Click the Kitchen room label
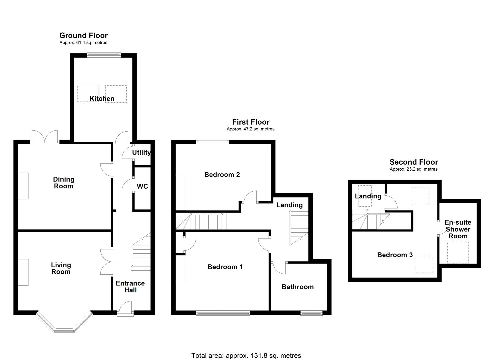(x=102, y=99)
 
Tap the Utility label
(x=141, y=153)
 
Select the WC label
(x=142, y=186)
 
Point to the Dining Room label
(x=63, y=183)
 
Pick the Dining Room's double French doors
(x=45, y=137)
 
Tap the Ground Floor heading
(x=83, y=35)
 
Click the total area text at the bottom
(x=246, y=355)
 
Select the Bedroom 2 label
(x=222, y=175)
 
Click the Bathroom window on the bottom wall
(x=311, y=313)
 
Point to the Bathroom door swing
(x=279, y=266)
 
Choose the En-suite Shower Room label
(x=458, y=229)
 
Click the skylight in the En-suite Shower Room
(x=458, y=252)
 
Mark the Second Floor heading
(x=414, y=162)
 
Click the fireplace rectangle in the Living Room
(x=23, y=272)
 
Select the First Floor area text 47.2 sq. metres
(x=251, y=129)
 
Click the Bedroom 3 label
(x=395, y=255)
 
